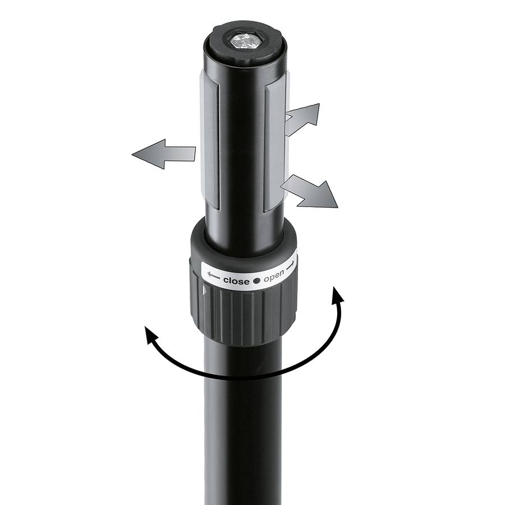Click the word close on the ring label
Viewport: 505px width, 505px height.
235,280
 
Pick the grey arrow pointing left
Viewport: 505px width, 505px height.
163,153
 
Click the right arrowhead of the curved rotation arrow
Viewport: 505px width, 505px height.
337,295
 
